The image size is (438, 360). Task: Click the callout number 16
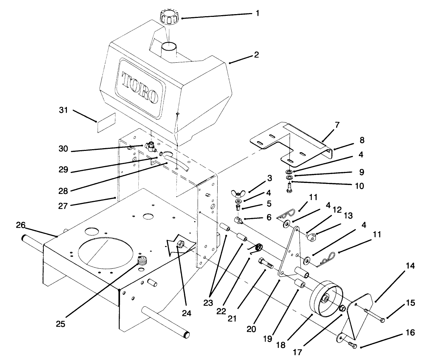[x=410, y=333]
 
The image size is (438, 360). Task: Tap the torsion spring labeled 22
[x=257, y=248]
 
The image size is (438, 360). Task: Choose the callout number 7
[x=337, y=125]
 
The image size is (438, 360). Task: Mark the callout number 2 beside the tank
[x=256, y=55]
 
